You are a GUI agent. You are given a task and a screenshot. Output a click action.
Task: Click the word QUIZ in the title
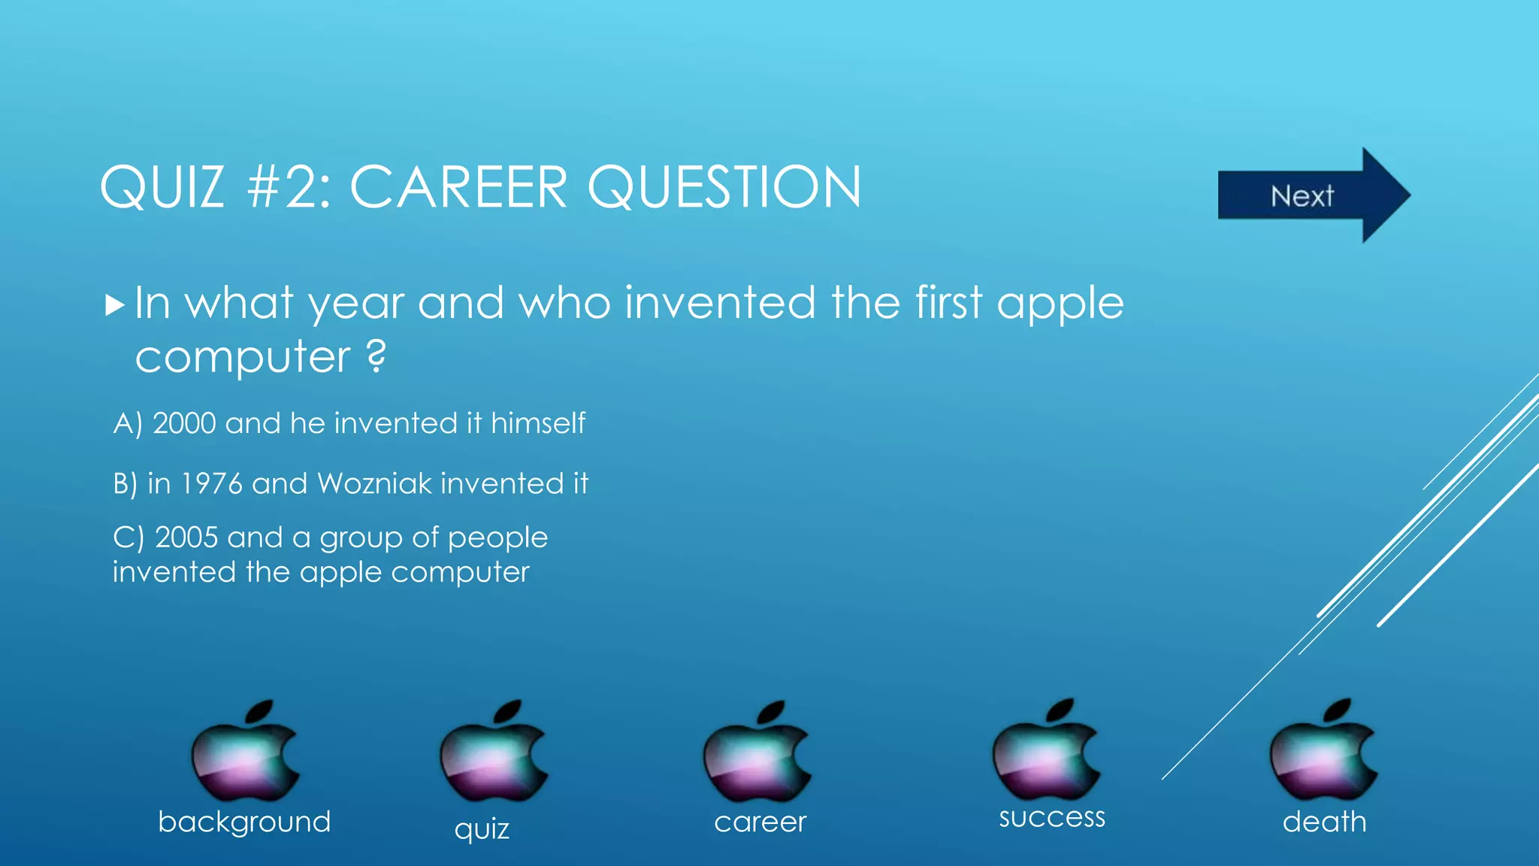point(162,187)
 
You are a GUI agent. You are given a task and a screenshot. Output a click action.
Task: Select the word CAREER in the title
point(458,187)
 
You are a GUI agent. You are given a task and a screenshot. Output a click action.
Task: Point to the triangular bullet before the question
point(114,305)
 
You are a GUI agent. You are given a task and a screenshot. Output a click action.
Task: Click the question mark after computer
point(376,356)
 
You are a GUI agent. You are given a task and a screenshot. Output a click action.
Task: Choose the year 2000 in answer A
point(184,423)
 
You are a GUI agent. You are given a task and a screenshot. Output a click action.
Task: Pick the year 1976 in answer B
point(212,483)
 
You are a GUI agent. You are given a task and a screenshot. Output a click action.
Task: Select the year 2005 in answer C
point(186,537)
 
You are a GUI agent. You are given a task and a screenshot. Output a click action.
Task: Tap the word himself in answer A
point(537,423)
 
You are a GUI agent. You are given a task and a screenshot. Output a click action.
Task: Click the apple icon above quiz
point(493,752)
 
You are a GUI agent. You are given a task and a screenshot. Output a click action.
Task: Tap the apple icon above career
point(757,752)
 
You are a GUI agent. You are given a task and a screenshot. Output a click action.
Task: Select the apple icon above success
point(1045,750)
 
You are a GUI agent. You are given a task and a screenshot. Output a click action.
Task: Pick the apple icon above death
point(1323,750)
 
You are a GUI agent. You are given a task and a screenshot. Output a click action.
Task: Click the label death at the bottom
point(1324,822)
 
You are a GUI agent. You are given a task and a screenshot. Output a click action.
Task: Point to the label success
point(1051,817)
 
